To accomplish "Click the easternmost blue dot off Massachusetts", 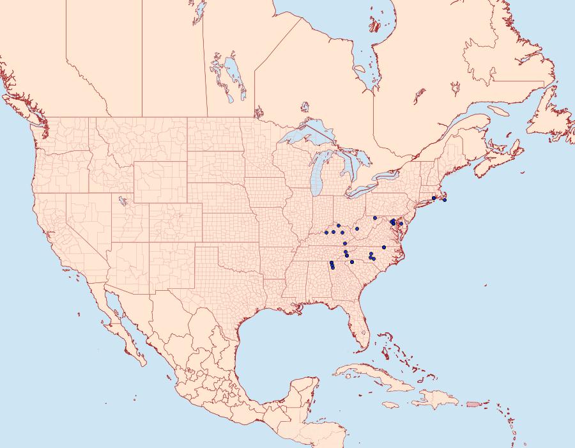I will pyautogui.click(x=444, y=200).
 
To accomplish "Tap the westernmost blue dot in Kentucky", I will pyautogui.click(x=326, y=232).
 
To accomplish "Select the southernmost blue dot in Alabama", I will pyautogui.click(x=333, y=267).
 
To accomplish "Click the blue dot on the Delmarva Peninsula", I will pyautogui.click(x=401, y=224).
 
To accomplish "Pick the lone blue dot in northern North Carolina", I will pyautogui.click(x=384, y=247).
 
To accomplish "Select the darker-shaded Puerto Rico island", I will pyautogui.click(x=473, y=403).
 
